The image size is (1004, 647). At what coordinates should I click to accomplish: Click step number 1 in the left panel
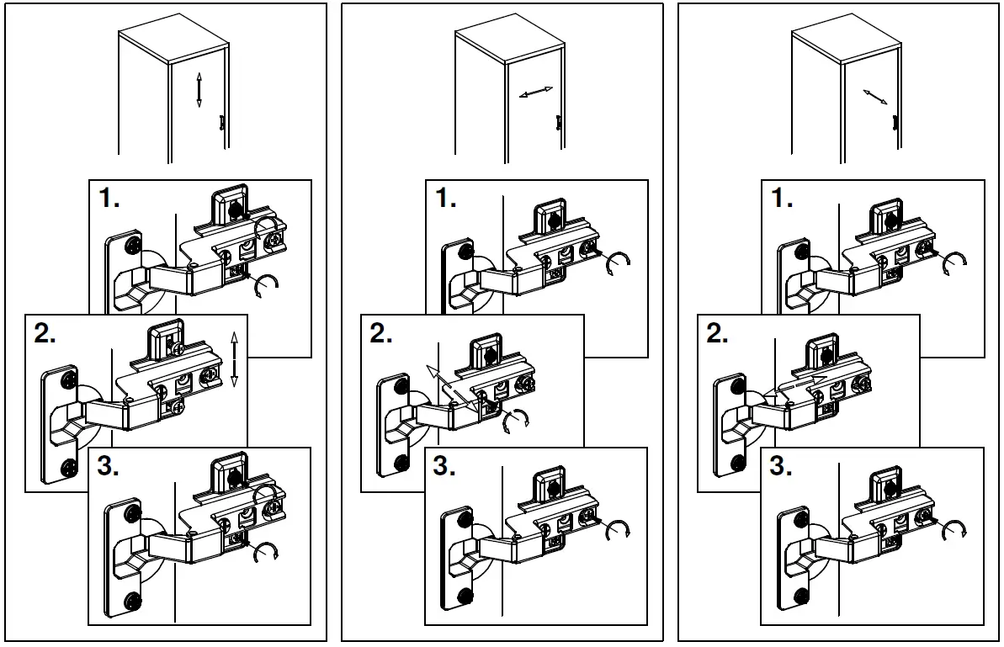109,199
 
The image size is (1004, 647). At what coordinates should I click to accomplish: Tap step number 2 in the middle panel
381,334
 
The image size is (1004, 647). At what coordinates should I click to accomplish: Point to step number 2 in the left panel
45,334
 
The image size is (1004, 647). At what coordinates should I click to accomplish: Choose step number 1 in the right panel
782,199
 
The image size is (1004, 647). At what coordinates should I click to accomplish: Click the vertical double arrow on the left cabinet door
199,89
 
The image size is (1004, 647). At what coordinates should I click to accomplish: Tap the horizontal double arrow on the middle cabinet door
536,93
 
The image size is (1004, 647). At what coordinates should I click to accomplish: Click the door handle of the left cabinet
221,124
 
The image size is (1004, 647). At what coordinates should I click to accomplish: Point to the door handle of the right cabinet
895,124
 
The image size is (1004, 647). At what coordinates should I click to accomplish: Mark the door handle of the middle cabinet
558,124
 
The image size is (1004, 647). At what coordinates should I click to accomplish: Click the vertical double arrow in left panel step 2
234,359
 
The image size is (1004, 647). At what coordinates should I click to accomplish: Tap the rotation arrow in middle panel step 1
619,263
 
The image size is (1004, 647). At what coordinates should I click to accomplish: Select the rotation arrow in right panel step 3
954,530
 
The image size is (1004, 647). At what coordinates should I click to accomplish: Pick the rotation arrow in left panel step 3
267,552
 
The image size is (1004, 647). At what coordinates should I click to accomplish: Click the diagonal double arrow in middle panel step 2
452,389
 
